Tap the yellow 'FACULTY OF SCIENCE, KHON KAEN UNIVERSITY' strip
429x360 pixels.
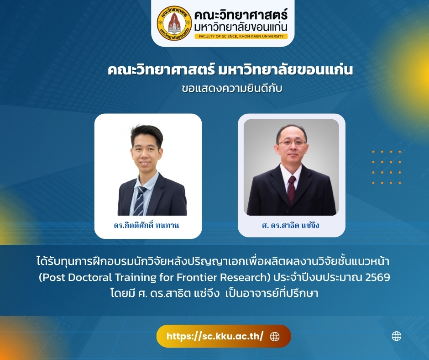(x=241, y=36)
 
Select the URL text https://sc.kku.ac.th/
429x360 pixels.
(x=215, y=336)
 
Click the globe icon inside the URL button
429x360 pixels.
(x=275, y=337)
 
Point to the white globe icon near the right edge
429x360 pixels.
(x=397, y=336)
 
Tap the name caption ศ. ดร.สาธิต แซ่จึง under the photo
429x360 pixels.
(x=291, y=225)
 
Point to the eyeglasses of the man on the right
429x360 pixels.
(x=292, y=143)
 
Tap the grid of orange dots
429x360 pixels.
(x=387, y=167)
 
